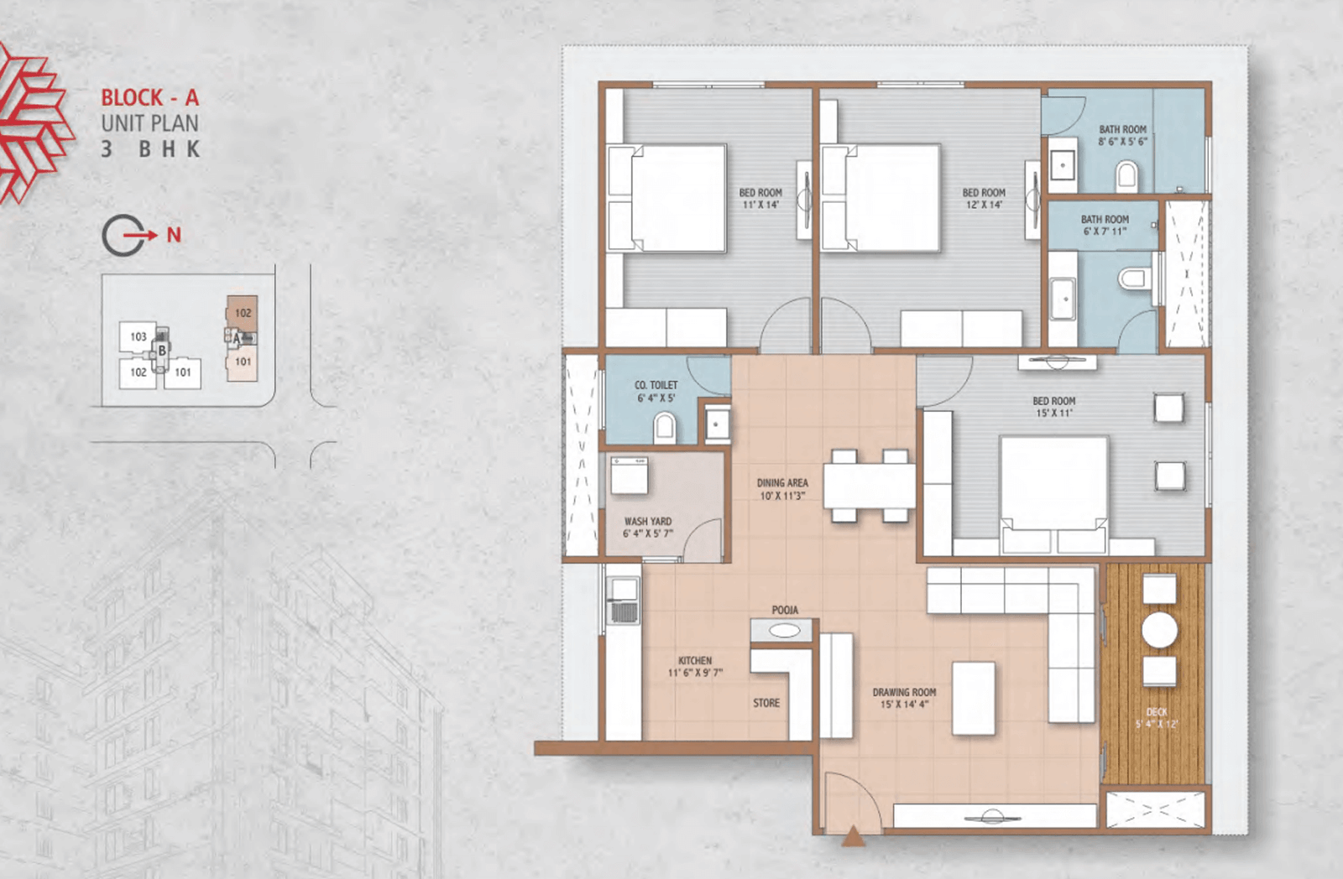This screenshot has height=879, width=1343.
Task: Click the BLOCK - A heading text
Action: click(x=150, y=97)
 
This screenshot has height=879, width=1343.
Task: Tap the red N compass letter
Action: click(x=174, y=235)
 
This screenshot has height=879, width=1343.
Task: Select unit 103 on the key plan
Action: click(x=138, y=336)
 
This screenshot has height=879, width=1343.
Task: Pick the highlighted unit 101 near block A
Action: click(x=243, y=361)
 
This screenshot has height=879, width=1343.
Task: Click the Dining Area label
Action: click(x=782, y=482)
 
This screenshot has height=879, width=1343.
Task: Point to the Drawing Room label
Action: click(x=904, y=692)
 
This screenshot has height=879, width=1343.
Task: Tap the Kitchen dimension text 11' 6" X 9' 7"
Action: click(x=696, y=673)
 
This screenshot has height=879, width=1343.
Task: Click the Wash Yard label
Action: click(x=648, y=522)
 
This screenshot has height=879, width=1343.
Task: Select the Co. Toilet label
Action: click(x=656, y=385)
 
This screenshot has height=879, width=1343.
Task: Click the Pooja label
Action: click(x=785, y=610)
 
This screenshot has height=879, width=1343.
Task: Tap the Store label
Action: click(x=766, y=703)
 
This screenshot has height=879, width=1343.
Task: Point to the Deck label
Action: click(x=1157, y=712)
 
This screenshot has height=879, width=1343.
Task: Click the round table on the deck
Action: click(x=1159, y=630)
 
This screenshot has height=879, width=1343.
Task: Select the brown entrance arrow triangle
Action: click(x=853, y=836)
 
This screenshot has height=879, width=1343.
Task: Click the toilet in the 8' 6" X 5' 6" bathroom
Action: click(x=1126, y=175)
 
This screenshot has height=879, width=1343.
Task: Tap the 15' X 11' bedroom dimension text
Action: click(x=1054, y=413)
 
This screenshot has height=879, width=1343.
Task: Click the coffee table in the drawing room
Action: click(x=974, y=698)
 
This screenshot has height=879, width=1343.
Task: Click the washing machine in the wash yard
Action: click(x=629, y=476)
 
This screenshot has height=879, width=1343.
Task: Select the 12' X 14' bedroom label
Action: click(x=984, y=198)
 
